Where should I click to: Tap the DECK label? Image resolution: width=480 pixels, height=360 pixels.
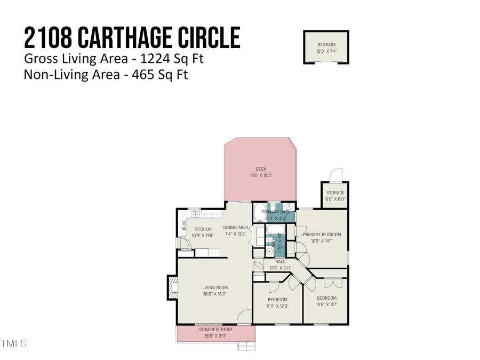coord(261,169)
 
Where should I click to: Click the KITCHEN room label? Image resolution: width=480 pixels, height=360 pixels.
coord(202,229)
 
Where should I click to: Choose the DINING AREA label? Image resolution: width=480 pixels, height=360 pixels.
coord(236,227)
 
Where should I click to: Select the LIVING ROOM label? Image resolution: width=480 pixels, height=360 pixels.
coord(215,288)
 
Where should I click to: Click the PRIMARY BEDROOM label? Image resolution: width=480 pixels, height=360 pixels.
coord(322,234)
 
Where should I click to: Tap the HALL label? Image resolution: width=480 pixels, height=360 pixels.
coord(281,262)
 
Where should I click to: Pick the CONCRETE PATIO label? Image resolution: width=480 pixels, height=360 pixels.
coord(215,330)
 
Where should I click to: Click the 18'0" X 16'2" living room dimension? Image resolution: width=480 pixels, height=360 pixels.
coord(215,294)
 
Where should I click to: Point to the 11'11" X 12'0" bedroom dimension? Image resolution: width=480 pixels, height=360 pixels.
coord(277,306)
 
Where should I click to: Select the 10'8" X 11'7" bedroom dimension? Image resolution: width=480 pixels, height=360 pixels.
coord(326,305)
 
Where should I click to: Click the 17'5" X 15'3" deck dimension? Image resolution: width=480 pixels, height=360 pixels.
coord(261,175)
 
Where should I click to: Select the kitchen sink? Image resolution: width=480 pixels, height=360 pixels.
coord(195,214)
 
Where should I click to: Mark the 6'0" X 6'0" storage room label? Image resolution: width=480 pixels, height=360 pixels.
coord(335,199)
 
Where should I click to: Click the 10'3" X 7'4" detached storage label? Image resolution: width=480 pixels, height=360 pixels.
coord(326,51)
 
